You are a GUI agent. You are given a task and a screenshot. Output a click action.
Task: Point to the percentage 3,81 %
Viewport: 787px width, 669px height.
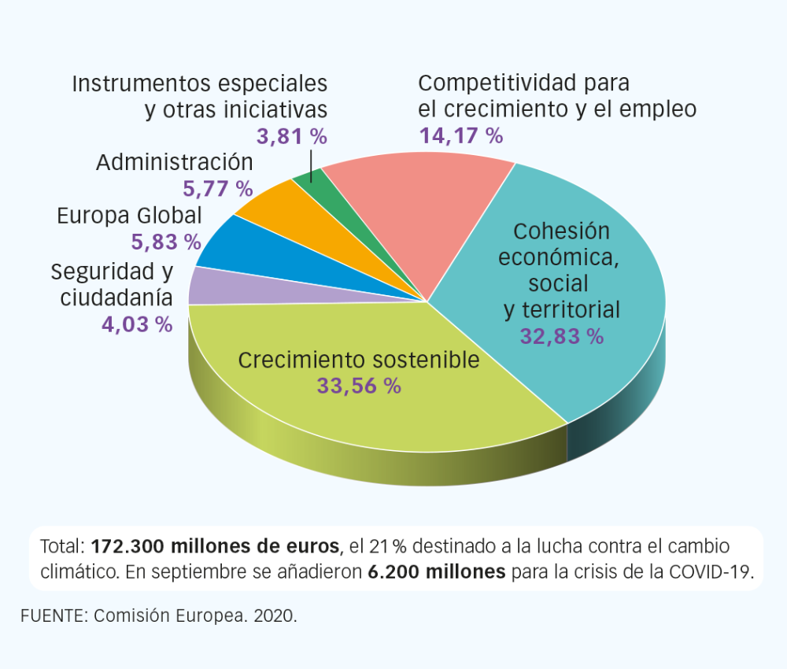point(292,136)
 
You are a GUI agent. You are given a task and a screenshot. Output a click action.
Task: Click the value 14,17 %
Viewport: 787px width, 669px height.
point(460,136)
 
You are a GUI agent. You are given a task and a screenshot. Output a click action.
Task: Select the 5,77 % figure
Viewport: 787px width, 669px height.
point(217,189)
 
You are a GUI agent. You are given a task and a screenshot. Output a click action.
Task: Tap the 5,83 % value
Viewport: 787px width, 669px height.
point(166,242)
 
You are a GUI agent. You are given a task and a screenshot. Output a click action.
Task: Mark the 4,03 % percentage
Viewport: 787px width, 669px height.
point(137,325)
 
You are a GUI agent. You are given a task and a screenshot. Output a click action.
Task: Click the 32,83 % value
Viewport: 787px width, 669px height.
point(562,337)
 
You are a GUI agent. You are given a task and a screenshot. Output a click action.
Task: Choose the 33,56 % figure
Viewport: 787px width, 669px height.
point(359,386)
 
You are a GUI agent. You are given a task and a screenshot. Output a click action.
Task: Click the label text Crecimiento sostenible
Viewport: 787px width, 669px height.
point(359,360)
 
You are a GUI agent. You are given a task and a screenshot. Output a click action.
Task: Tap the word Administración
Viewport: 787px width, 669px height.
point(175,163)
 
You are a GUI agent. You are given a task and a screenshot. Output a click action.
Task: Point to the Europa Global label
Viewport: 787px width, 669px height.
point(129,216)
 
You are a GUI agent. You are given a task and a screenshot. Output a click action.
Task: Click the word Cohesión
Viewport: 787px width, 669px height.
point(561,231)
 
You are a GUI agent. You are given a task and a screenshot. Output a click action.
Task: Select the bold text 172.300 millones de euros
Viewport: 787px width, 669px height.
point(216,546)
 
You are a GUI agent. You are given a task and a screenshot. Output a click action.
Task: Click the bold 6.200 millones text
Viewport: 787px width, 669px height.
point(437,571)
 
